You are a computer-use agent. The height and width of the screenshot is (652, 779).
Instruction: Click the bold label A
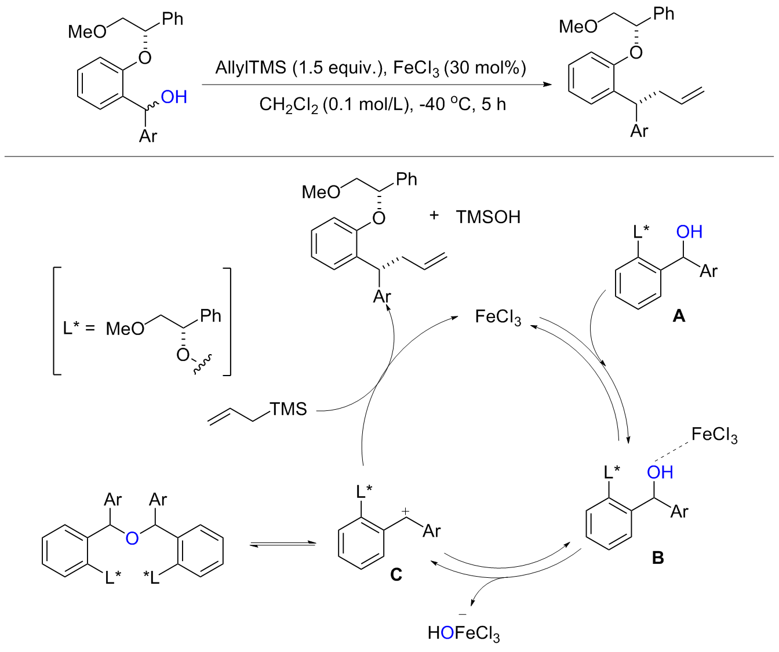[x=678, y=316]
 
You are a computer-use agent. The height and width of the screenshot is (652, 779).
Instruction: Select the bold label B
[x=658, y=558]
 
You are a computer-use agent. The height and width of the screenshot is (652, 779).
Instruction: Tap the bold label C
[x=396, y=574]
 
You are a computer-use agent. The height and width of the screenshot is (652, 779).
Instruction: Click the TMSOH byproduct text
[x=488, y=217]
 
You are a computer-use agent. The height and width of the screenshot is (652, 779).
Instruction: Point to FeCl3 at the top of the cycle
[x=497, y=317]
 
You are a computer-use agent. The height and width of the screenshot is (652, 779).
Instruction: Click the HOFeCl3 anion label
[x=463, y=633]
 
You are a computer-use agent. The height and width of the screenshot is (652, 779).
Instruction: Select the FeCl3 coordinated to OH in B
[x=714, y=435]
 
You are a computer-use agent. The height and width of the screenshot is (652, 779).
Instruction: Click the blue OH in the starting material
[x=174, y=97]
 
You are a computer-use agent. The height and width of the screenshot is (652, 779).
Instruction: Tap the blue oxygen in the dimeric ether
[x=132, y=539]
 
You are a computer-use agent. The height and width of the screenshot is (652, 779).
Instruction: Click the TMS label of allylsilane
[x=288, y=409]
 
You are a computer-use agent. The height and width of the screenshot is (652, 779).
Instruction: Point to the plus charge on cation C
[x=406, y=511]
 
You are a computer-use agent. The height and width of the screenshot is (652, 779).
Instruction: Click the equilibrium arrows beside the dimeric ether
[x=283, y=544]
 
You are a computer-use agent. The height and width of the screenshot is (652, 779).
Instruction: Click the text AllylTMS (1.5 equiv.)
[x=299, y=68]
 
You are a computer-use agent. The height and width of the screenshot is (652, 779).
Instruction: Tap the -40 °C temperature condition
[x=440, y=104]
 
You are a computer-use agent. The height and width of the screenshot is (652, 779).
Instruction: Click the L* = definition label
[x=78, y=328]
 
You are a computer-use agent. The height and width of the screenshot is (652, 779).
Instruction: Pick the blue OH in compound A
[x=689, y=232]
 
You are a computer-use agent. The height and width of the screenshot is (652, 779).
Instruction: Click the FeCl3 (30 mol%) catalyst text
[x=460, y=68]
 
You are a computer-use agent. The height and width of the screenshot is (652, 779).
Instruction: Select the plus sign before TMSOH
[x=434, y=216]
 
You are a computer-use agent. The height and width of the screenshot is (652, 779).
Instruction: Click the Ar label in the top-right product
[x=639, y=132]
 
